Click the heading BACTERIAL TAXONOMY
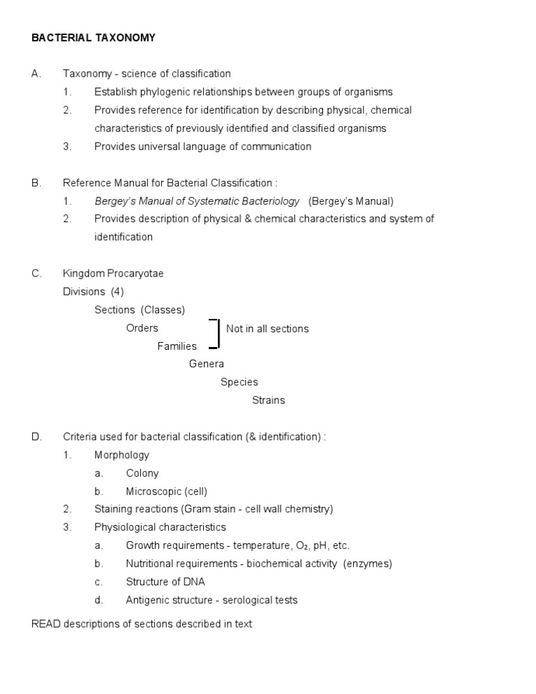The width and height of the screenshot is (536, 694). click(94, 38)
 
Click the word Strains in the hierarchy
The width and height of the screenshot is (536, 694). click(268, 400)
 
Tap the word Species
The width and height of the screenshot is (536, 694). click(239, 382)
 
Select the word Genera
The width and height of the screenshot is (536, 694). click(207, 364)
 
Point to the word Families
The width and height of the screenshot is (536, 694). click(177, 346)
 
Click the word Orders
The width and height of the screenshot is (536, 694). click(142, 328)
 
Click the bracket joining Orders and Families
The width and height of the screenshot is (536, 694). click(218, 334)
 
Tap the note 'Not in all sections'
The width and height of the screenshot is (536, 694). click(267, 329)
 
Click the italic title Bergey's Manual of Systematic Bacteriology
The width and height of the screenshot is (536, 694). click(197, 201)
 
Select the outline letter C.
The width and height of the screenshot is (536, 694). click(37, 273)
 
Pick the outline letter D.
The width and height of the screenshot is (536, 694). click(37, 436)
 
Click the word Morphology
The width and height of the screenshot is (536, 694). click(121, 455)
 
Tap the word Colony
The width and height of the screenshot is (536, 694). click(142, 473)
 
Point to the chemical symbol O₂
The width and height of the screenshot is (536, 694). click(303, 545)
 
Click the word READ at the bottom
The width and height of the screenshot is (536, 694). click(46, 623)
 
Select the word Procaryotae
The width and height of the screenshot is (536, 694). click(135, 273)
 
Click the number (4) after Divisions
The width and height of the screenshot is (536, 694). click(117, 291)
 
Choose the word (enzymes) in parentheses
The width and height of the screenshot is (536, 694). click(367, 563)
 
